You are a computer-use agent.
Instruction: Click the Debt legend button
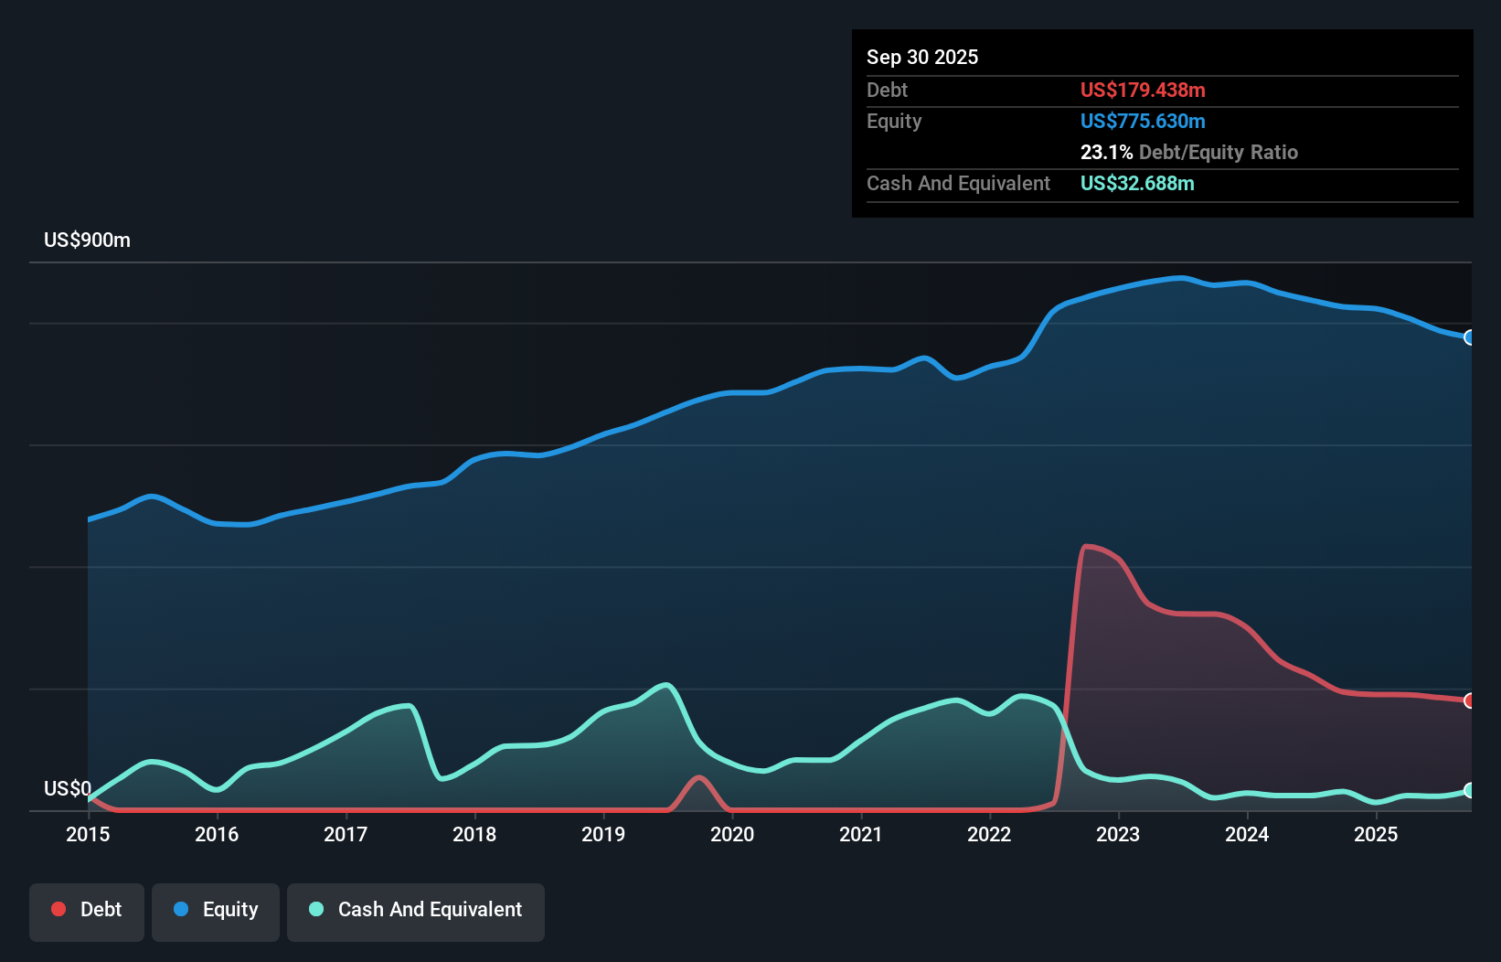coord(86,910)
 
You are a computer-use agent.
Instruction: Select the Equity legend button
coord(216,910)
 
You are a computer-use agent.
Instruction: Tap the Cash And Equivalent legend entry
coord(415,910)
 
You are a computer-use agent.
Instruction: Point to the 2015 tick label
coord(88,834)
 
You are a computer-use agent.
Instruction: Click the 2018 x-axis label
coord(474,834)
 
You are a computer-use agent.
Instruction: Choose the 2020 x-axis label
coord(732,834)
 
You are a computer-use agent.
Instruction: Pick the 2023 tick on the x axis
coord(1118,834)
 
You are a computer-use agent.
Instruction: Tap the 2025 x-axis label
coord(1376,834)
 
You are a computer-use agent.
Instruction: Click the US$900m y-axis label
coord(87,240)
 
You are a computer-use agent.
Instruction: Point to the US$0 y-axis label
coord(68,788)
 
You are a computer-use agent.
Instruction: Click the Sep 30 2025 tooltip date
coord(921,58)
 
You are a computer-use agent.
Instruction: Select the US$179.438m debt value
coord(1142,91)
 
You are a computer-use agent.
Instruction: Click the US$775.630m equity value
coord(1142,122)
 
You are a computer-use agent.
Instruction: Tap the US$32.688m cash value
coord(1136,184)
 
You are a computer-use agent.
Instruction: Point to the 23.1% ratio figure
coord(1106,153)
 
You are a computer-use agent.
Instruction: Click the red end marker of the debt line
coord(1469,700)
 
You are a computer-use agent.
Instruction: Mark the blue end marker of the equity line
coord(1469,337)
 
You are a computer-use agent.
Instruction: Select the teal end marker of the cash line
coord(1469,790)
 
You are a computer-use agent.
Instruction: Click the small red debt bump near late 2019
coord(699,779)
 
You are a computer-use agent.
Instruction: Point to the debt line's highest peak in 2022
coord(1086,547)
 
